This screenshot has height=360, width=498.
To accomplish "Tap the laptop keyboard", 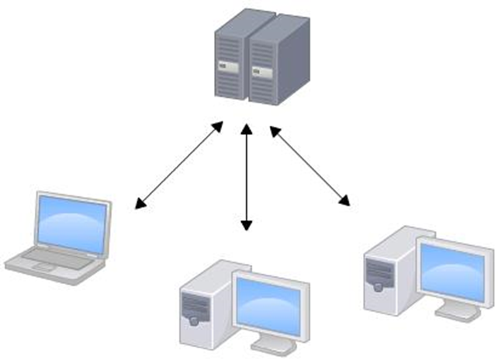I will coord(51,257).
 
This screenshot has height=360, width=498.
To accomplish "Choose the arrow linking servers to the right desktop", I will coord(309,167).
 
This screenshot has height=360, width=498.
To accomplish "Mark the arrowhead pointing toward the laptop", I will coord(139,205).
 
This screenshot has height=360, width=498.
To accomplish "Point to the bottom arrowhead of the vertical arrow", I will coord(247,226).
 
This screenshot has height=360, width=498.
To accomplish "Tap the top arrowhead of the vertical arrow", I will coord(247,129).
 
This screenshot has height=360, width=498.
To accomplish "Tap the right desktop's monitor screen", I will coord(455,268).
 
